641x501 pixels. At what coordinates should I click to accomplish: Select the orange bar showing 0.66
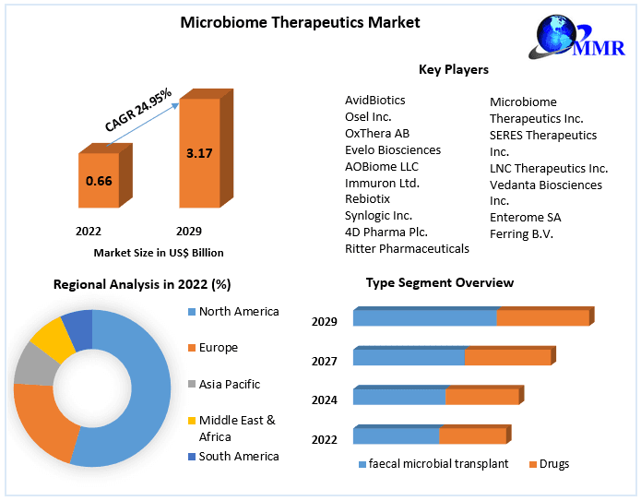point(99,181)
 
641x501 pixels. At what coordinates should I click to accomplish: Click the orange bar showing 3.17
point(199,153)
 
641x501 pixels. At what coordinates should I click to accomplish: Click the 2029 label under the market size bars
point(189,231)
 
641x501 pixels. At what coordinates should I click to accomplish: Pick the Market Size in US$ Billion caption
point(159,252)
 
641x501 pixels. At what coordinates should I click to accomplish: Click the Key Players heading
point(453,69)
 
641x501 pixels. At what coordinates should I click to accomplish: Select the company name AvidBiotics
point(374,100)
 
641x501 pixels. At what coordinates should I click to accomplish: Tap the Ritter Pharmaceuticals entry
point(407,248)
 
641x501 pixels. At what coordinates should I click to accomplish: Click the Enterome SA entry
point(525,217)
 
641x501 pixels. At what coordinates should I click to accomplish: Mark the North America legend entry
point(238,312)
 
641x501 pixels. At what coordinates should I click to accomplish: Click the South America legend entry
point(238,456)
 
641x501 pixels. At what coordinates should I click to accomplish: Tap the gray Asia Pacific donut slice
point(35,364)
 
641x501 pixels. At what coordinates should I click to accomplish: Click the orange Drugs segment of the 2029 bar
point(542,317)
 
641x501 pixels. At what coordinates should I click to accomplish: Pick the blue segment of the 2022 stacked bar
point(396,435)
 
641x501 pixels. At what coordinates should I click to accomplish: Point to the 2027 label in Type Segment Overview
point(324,362)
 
